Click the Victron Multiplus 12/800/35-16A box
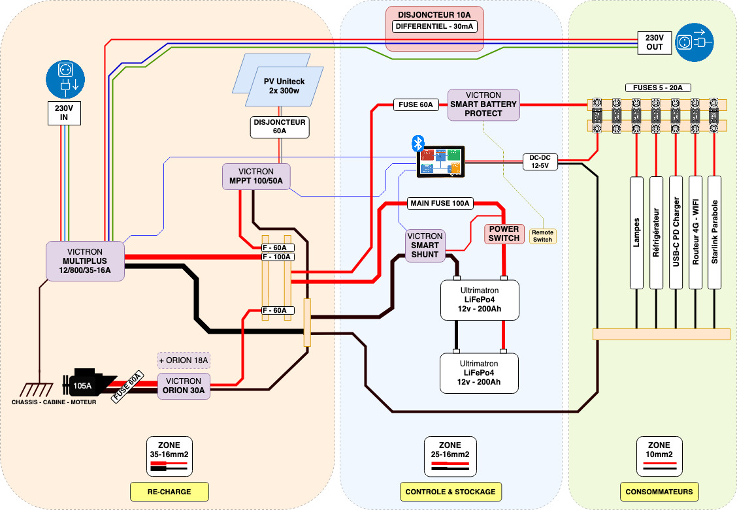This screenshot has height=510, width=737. pyautogui.click(x=85, y=261)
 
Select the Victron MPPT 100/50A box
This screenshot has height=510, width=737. pyautogui.click(x=256, y=176)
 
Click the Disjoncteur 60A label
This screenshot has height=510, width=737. pyautogui.click(x=280, y=127)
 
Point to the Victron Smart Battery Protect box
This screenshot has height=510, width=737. pyautogui.click(x=483, y=104)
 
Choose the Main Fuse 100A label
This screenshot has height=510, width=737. pyautogui.click(x=440, y=203)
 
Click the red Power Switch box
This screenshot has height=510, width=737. pyautogui.click(x=504, y=234)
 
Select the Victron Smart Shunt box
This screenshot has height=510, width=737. pyautogui.click(x=425, y=246)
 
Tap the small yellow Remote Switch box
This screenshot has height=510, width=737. pyautogui.click(x=542, y=236)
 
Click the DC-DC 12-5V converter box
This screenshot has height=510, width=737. pyautogui.click(x=540, y=161)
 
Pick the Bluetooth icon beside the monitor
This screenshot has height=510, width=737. pyautogui.click(x=418, y=144)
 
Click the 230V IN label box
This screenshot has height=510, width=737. pyautogui.click(x=64, y=113)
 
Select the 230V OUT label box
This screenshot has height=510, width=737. pyautogui.click(x=654, y=42)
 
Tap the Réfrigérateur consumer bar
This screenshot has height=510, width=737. pyautogui.click(x=656, y=232)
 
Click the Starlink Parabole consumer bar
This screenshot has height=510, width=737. pyautogui.click(x=714, y=232)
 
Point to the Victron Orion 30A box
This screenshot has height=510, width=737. pyautogui.click(x=184, y=386)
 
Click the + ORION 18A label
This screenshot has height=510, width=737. pyautogui.click(x=184, y=360)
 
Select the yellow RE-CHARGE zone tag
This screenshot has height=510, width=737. pyautogui.click(x=169, y=491)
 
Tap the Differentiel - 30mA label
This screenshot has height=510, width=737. pyautogui.click(x=434, y=27)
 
